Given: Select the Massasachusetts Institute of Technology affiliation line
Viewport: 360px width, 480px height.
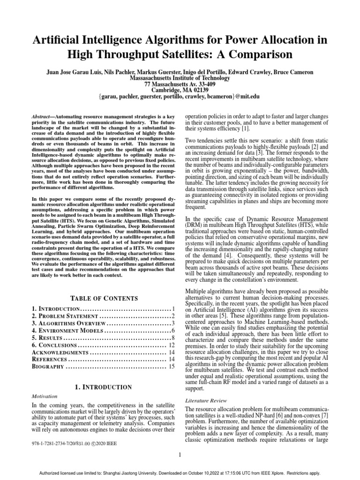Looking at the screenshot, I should [180, 78].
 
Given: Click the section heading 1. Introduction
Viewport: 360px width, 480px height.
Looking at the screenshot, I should [103, 387].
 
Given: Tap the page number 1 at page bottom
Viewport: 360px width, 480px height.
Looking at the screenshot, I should [180, 454].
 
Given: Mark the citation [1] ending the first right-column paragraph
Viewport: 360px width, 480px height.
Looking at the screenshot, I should [246, 128].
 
